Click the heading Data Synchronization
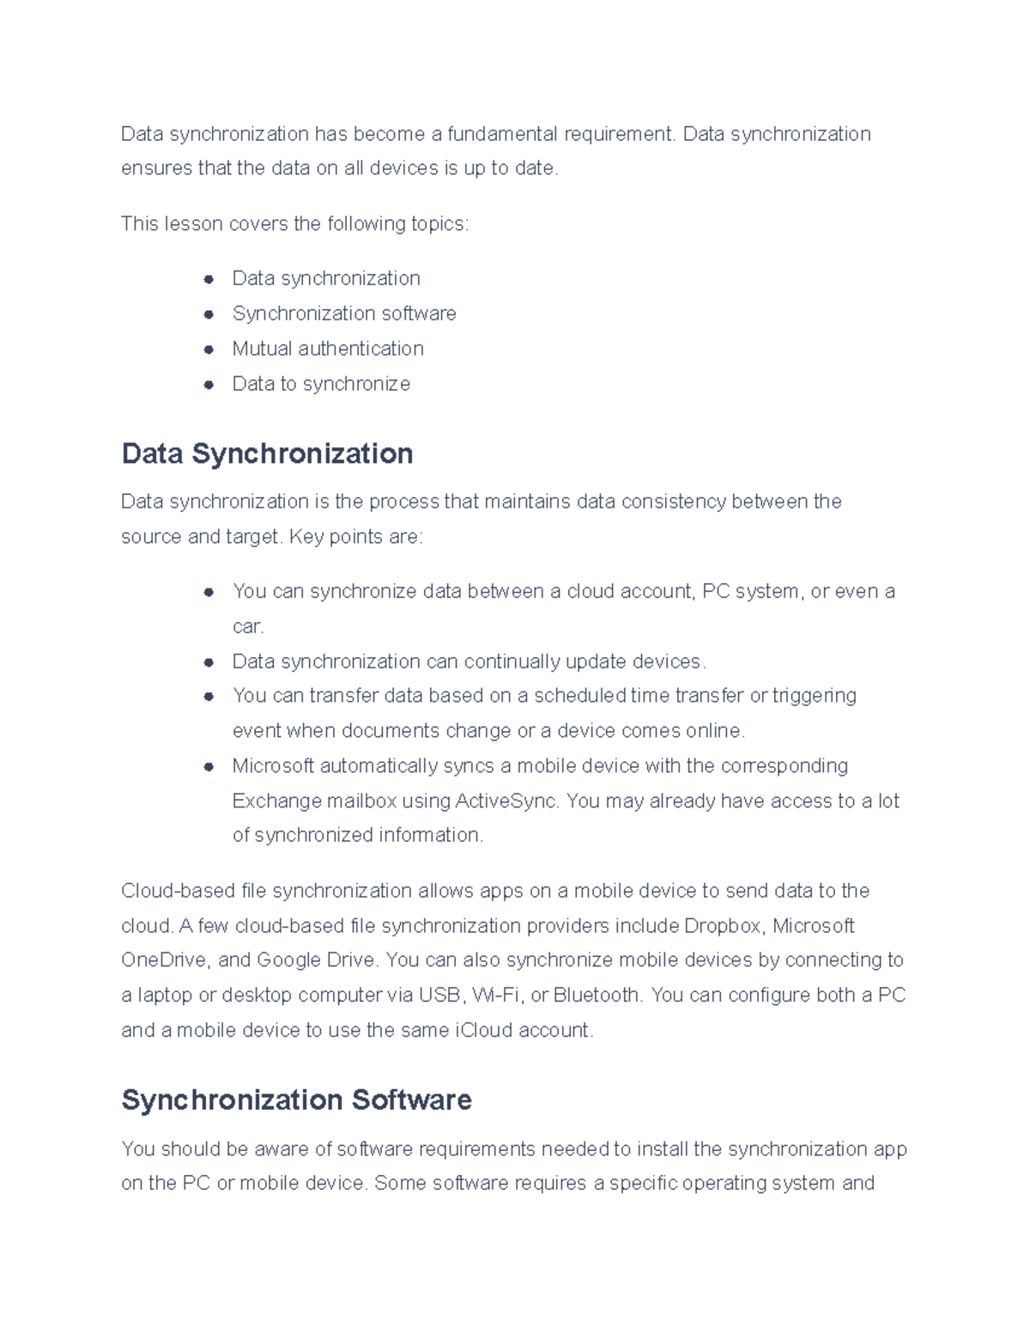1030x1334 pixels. tap(267, 454)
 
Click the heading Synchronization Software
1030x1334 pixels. tap(296, 1099)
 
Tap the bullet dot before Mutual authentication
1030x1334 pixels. tap(209, 350)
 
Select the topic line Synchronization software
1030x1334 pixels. tap(343, 314)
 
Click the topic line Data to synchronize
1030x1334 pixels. tap(321, 384)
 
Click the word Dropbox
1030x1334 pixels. tap(724, 926)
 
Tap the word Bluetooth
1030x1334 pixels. tap(597, 996)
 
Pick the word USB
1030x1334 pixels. tap(439, 996)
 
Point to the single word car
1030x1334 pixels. tap(247, 627)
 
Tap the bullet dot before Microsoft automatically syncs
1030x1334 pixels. tap(209, 766)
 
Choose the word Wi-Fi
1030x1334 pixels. tap(498, 996)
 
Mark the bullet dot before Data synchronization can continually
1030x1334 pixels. tap(209, 662)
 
